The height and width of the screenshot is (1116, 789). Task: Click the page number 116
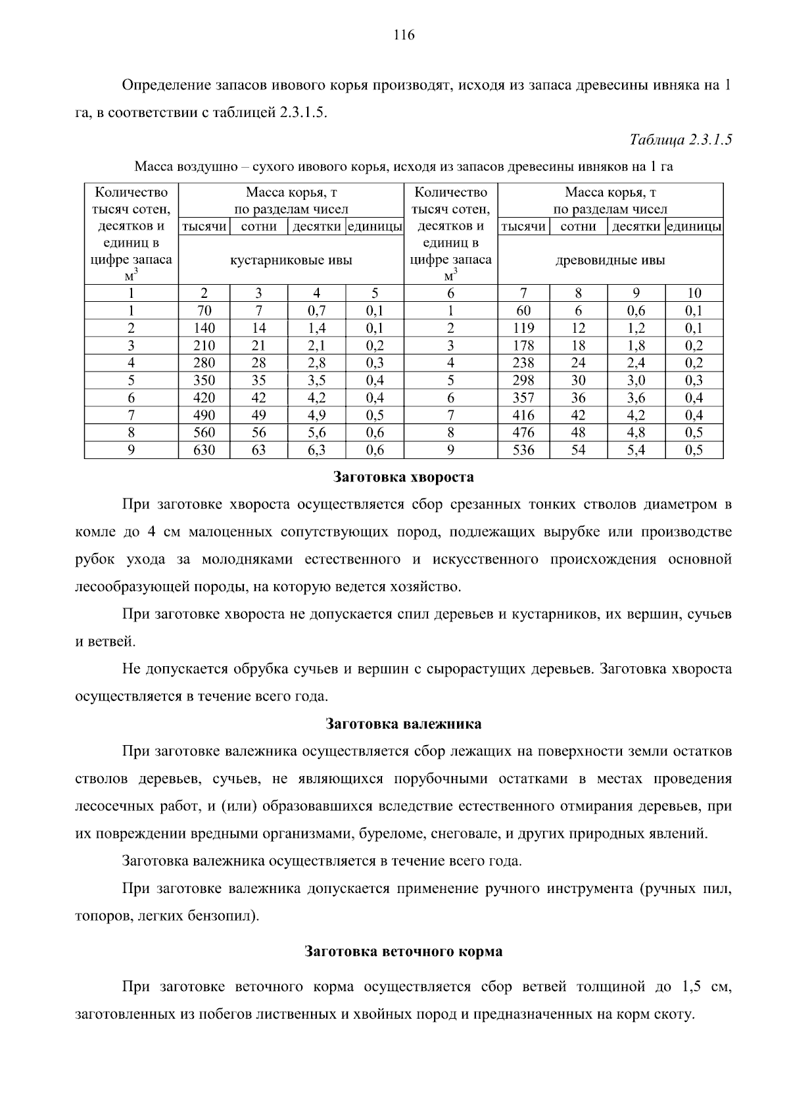[404, 36]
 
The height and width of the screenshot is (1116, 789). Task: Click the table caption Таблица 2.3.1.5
[681, 139]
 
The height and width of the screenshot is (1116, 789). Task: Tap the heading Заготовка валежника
[404, 724]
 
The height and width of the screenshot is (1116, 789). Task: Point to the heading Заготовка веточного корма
[404, 952]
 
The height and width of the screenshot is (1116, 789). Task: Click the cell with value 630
[204, 450]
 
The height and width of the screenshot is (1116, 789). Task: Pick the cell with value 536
[523, 450]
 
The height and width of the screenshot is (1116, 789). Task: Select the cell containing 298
[523, 380]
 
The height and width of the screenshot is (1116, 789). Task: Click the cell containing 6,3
[316, 450]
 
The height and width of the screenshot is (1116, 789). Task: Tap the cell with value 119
[523, 328]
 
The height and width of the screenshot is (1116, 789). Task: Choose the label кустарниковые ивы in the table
[291, 260]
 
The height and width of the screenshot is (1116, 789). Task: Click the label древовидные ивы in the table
[610, 260]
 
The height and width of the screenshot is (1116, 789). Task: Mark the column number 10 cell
[694, 293]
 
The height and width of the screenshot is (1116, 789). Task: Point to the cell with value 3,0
[636, 380]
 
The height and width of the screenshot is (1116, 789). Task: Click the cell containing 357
[523, 398]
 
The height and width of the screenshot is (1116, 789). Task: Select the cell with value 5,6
[316, 433]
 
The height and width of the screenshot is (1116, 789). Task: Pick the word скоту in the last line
[677, 1015]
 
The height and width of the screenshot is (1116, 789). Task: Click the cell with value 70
[204, 310]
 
